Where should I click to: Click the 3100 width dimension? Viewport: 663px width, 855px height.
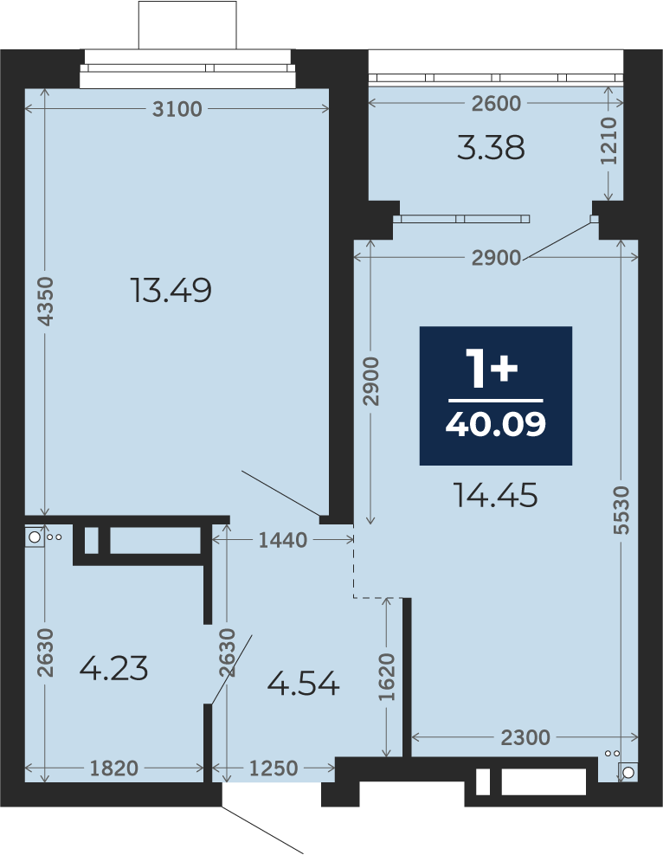(177, 109)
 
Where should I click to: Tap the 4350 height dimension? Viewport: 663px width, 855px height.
(46, 301)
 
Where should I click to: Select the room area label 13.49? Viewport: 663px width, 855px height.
(171, 290)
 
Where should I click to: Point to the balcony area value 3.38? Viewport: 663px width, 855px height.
(491, 148)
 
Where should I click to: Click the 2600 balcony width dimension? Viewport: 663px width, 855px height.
(496, 103)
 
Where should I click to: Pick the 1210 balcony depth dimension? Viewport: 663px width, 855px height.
(608, 141)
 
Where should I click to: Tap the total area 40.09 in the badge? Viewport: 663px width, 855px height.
(496, 424)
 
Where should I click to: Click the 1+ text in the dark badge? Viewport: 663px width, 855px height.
(492, 370)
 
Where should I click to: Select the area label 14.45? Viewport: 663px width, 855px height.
(496, 496)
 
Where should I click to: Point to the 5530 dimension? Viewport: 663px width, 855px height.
(621, 511)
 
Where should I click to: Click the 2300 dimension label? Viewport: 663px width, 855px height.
(525, 738)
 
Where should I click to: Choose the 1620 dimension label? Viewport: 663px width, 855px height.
(387, 678)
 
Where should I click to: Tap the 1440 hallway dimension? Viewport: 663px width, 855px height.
(282, 540)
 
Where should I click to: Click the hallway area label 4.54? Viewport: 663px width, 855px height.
(304, 684)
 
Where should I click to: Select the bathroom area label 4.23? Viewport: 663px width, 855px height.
(114, 669)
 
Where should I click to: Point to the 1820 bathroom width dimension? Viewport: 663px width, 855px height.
(114, 768)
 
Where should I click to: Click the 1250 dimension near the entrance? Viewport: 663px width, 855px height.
(274, 768)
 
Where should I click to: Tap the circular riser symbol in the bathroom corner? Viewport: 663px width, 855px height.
(35, 537)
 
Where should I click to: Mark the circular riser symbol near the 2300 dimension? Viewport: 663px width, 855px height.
(628, 772)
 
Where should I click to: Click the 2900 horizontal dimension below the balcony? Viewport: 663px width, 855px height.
(496, 257)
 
